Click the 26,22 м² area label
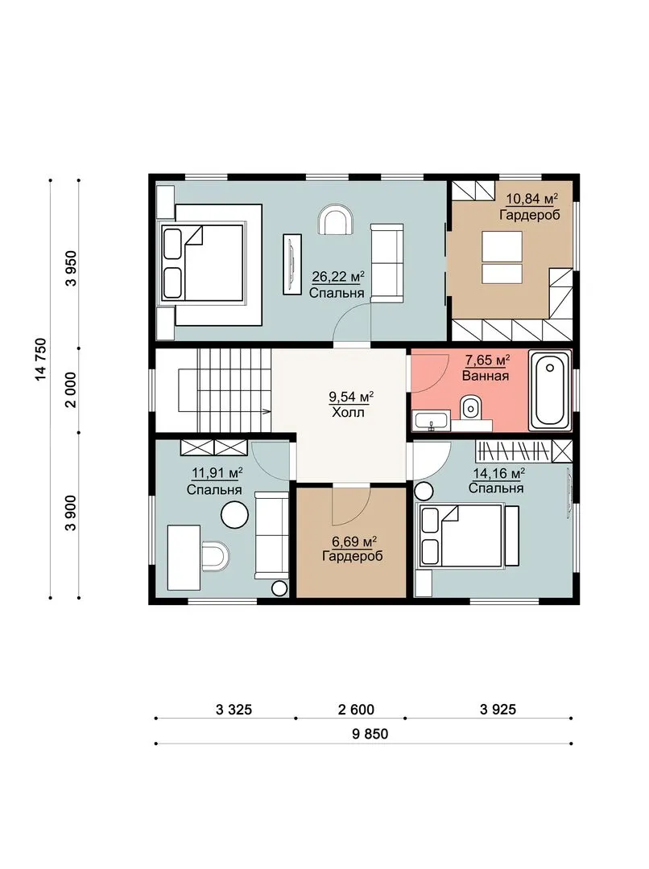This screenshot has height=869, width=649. (338, 276)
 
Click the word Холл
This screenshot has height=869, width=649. (348, 412)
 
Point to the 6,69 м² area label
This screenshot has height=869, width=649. (350, 541)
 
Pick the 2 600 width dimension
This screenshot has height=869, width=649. (356, 710)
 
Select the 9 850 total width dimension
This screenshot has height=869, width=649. (370, 734)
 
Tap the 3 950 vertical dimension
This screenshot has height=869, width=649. (71, 268)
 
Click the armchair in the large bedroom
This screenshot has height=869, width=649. (336, 220)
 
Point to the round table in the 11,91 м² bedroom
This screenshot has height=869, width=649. (234, 515)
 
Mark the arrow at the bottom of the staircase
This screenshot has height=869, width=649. (267, 412)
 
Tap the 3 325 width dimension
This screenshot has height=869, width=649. (234, 710)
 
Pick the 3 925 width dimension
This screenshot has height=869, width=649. (498, 710)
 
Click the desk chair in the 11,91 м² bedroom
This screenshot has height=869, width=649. (215, 556)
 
